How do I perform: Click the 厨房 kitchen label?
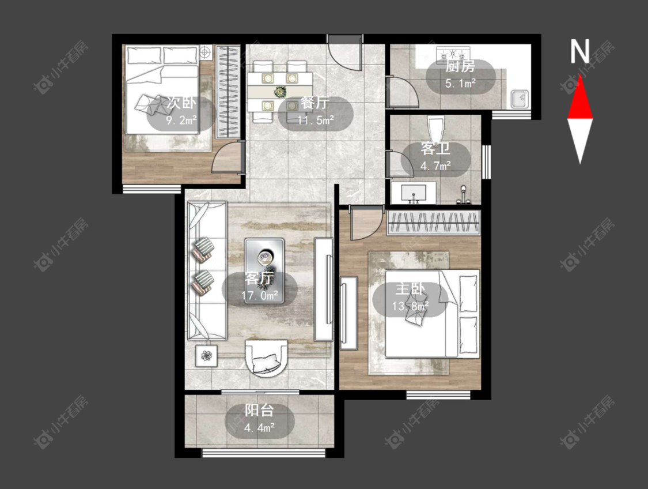click(x=460, y=66)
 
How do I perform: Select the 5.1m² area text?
click(x=460, y=84)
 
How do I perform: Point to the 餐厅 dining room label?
click(x=315, y=103)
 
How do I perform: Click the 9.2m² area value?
click(x=181, y=121)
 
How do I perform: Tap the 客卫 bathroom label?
click(x=435, y=149)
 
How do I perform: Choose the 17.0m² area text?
click(x=260, y=295)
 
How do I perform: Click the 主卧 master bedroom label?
click(x=410, y=289)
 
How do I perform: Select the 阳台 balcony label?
click(x=259, y=411)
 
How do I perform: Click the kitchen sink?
click(x=520, y=99)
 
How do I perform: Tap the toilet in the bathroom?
click(x=436, y=130)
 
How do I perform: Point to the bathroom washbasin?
click(x=414, y=193)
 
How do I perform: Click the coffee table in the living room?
click(x=264, y=271)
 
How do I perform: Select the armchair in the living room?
click(x=266, y=358)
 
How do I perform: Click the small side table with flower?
click(x=206, y=355)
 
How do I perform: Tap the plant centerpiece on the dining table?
click(x=280, y=92)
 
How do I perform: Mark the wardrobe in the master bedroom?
click(x=434, y=222)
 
